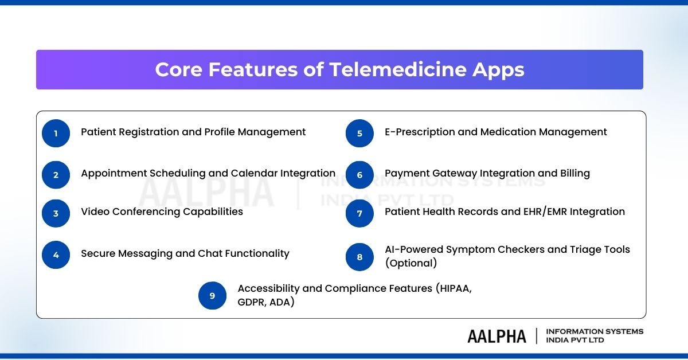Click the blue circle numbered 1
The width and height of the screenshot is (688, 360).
coord(56,134)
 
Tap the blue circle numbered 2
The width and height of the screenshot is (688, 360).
coord(56,175)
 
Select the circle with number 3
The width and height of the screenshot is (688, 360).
coord(56,213)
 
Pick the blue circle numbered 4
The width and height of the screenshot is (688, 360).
coord(56,255)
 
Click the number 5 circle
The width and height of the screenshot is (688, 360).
coord(359,134)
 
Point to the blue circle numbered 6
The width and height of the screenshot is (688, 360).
coord(359,175)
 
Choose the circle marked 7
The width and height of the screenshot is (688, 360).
coord(359,213)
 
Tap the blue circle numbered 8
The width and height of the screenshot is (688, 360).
coord(359,257)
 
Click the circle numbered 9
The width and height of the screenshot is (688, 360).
coord(212,295)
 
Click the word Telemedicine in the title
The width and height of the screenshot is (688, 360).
coord(398,69)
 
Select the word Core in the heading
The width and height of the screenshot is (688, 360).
coord(179,69)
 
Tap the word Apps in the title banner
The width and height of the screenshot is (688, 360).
coord(498,71)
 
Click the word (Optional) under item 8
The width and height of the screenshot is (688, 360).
coord(411,263)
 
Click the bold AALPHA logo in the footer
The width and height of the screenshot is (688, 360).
coord(497,336)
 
